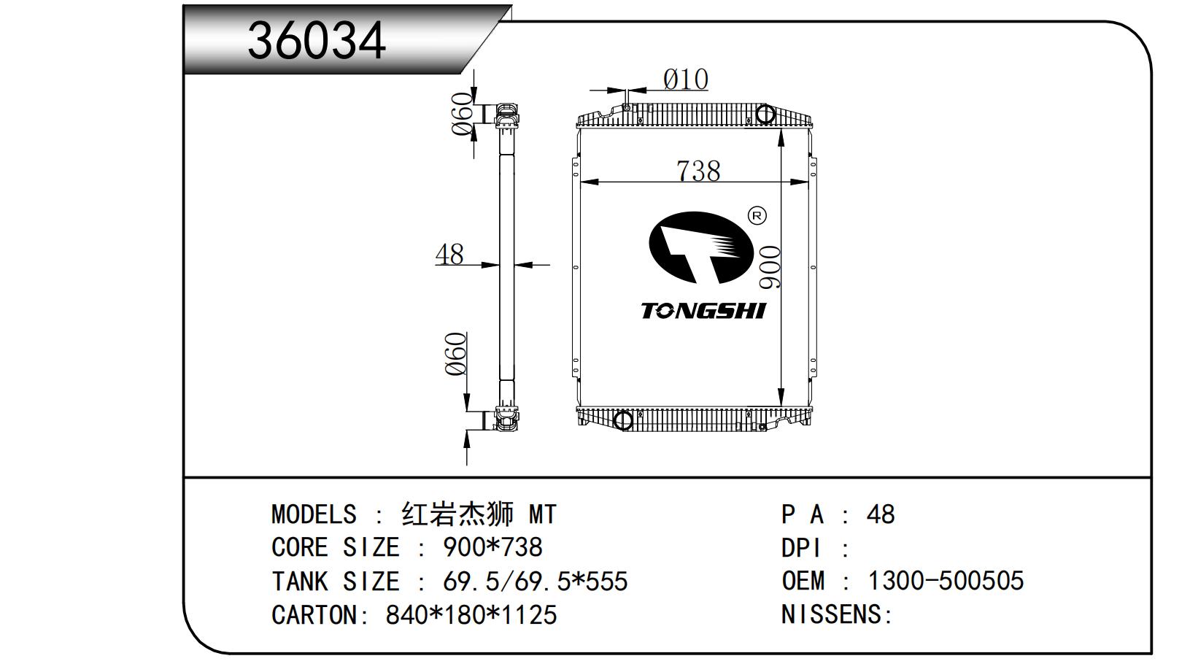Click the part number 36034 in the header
(317, 41)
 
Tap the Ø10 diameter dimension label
(685, 80)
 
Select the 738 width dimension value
(698, 171)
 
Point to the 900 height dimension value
(769, 267)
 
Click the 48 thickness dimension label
(449, 254)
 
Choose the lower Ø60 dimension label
(456, 354)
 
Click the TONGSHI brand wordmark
(703, 312)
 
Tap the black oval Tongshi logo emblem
(701, 248)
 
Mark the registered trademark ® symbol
(757, 215)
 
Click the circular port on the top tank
(765, 115)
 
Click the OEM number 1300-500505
(946, 581)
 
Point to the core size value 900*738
(492, 547)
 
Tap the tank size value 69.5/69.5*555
(536, 582)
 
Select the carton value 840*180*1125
(471, 614)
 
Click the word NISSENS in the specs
(831, 614)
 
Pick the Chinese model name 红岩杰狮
(458, 514)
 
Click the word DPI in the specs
(801, 548)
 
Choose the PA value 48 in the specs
(881, 514)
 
